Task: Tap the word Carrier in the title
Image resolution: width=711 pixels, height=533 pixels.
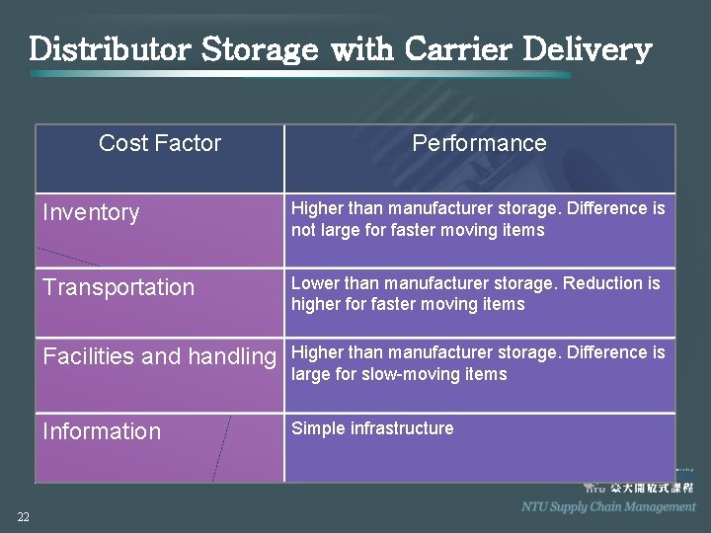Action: click(466, 49)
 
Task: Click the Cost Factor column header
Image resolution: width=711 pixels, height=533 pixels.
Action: click(160, 143)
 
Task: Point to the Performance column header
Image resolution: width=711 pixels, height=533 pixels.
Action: click(479, 143)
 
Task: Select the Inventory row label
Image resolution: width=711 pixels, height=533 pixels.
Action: click(91, 213)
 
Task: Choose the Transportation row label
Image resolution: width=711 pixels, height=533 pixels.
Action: click(118, 288)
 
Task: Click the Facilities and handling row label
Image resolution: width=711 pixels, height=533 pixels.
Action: click(159, 357)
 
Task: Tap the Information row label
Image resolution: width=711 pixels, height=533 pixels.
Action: click(102, 432)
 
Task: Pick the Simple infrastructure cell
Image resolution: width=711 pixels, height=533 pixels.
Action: click(372, 428)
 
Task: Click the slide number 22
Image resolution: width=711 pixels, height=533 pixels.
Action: click(23, 517)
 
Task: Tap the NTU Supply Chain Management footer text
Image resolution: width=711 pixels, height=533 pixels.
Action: click(608, 506)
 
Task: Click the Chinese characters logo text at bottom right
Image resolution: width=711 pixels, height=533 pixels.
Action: click(652, 488)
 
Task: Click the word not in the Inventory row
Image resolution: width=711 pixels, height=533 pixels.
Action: click(303, 230)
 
